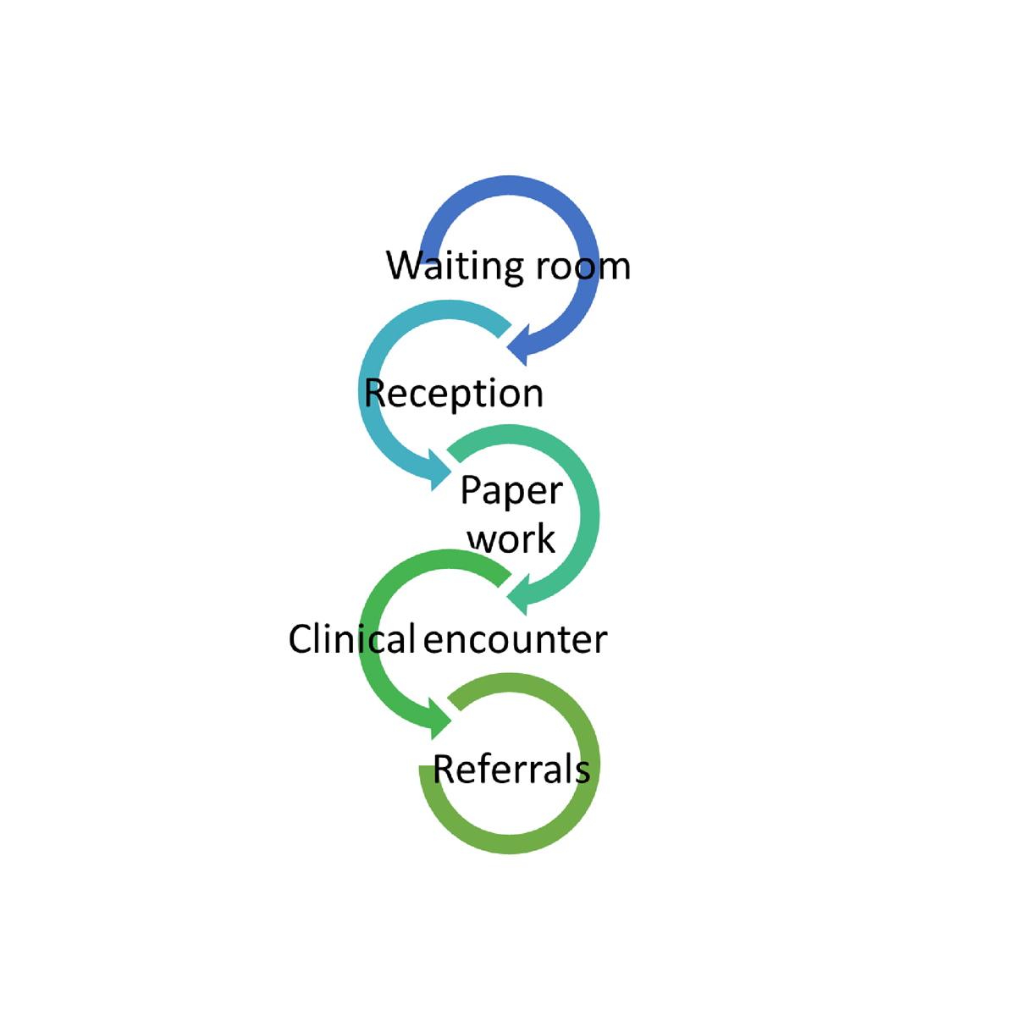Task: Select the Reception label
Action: [454, 394]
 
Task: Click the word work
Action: [511, 539]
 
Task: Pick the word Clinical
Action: [351, 639]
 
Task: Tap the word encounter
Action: [515, 640]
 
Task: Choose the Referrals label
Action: [511, 770]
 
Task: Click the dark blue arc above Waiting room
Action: [509, 185]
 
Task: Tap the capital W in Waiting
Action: [404, 265]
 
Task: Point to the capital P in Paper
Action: [470, 490]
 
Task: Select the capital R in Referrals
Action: [444, 770]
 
